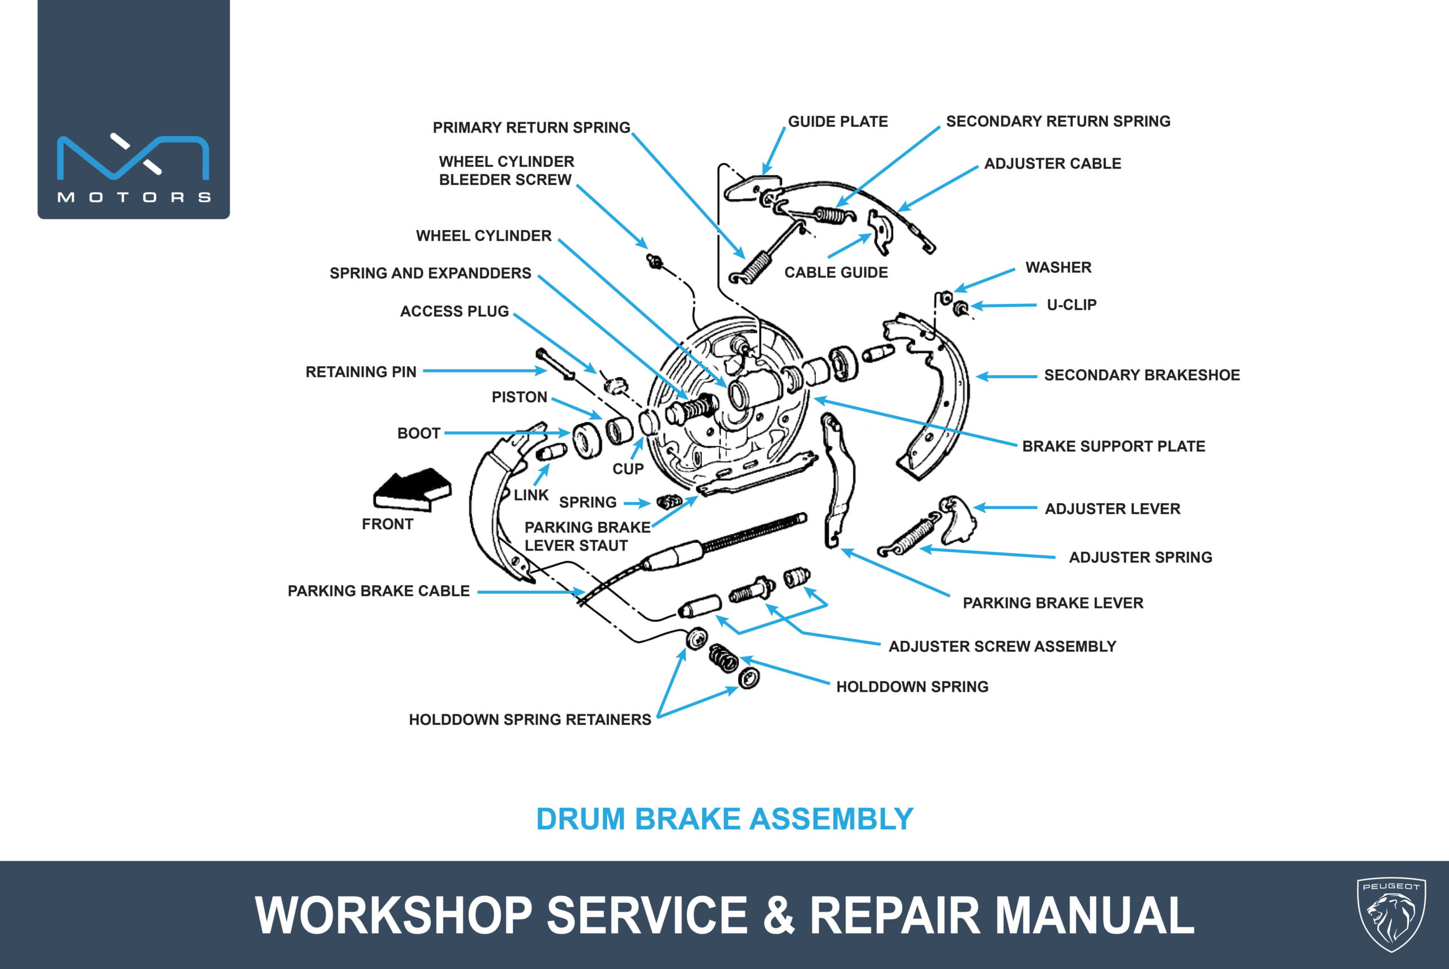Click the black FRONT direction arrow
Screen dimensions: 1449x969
tap(412, 489)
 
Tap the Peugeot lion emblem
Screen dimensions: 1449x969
tap(1391, 914)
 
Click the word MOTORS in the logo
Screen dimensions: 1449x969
tap(134, 197)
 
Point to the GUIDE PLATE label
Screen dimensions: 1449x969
tap(838, 122)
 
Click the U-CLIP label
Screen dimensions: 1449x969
tap(1071, 305)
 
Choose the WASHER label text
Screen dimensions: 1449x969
tap(1058, 268)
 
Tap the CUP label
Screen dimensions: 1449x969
tap(628, 469)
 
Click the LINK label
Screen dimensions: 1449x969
tap(531, 495)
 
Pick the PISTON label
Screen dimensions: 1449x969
tap(519, 397)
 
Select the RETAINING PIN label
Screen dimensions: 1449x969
tap(361, 372)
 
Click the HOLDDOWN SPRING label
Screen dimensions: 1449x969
tap(912, 687)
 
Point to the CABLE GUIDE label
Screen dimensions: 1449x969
tap(836, 273)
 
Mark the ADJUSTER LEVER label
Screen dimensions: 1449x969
tap(1112, 509)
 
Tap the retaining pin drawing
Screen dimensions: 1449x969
tap(555, 365)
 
